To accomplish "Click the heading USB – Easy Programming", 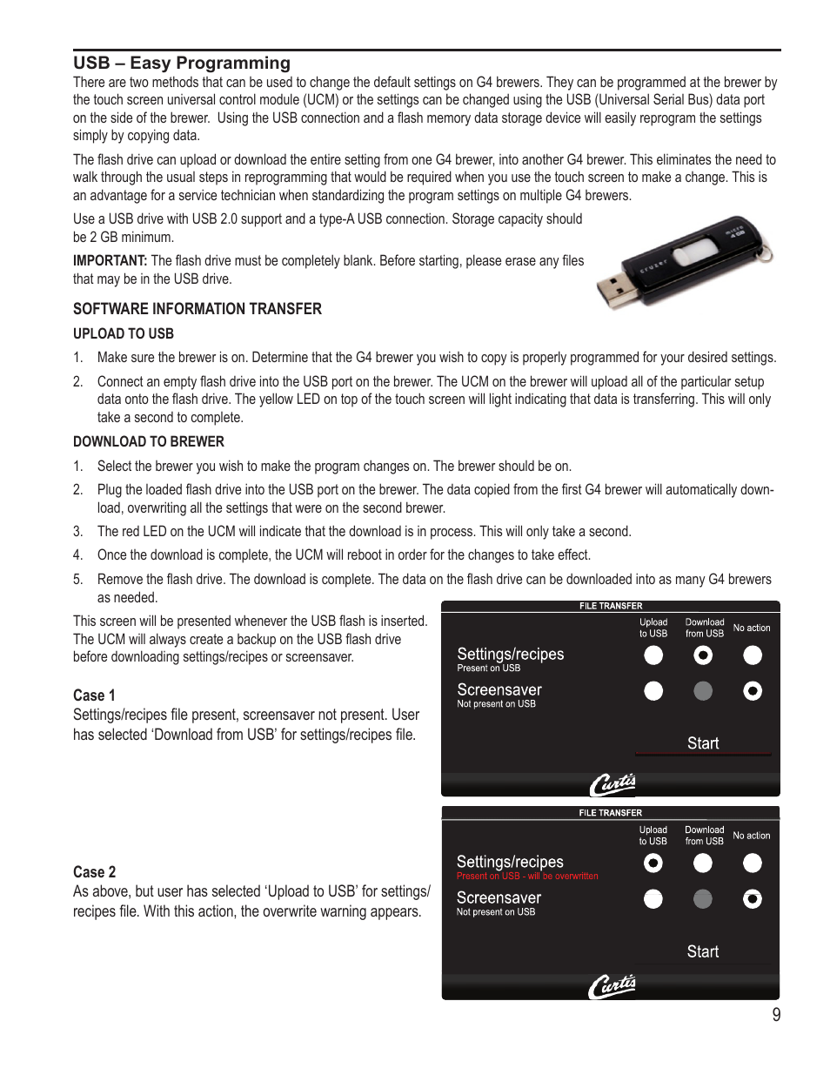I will [x=181, y=63].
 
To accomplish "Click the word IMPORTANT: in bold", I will [x=110, y=260].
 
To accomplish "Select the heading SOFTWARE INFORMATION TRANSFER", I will [x=197, y=309].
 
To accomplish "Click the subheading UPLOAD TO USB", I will [x=123, y=333].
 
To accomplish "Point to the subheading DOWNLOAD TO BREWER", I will [x=148, y=441].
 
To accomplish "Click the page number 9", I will [x=775, y=1014].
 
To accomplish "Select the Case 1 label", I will [x=94, y=695].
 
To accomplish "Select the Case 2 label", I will [x=94, y=871].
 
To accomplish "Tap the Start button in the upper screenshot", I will [x=702, y=743].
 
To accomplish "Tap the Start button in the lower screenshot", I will [x=702, y=951].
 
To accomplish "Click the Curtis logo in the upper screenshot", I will [x=612, y=784].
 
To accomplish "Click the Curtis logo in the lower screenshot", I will [x=612, y=987].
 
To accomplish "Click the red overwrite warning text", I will [x=527, y=877].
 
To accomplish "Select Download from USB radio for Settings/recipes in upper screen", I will [x=703, y=655].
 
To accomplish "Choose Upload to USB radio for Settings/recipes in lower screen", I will [x=653, y=863].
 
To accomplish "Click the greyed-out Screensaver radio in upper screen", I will [x=703, y=691].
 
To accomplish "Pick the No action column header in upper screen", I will [x=751, y=628].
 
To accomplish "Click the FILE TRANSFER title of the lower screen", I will [x=610, y=813].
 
